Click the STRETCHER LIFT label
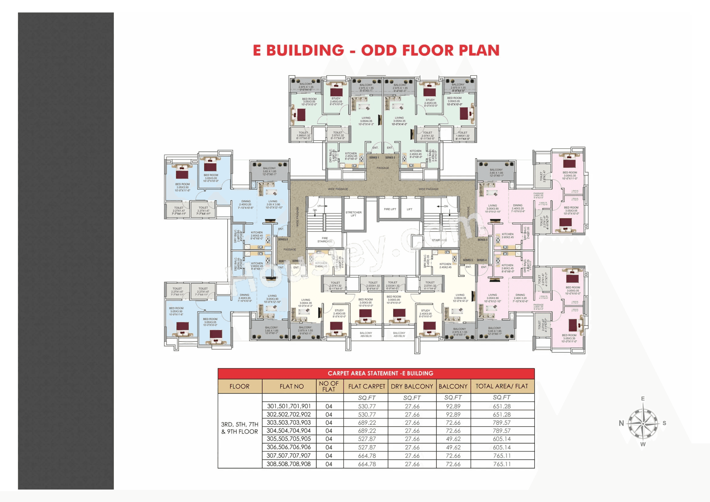353,214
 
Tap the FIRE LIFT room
390,209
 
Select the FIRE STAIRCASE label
324,240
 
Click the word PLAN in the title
479,50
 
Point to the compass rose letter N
621,423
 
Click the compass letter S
664,423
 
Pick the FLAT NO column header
291,386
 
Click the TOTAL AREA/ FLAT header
501,386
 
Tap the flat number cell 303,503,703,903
289,422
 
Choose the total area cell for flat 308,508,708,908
501,464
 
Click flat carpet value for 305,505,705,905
367,439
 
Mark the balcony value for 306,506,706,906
453,447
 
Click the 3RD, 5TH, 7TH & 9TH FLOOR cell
240,428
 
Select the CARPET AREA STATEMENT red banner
376,373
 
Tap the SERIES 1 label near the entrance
374,157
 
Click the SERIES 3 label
482,240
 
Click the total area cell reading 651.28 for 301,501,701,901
501,406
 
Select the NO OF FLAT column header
329,386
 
